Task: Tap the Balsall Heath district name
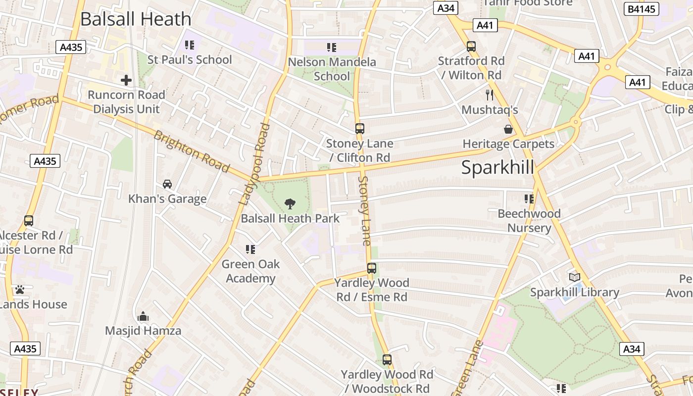click(135, 19)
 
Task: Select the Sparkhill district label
click(497, 168)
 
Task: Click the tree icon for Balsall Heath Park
click(290, 203)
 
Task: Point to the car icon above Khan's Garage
click(167, 184)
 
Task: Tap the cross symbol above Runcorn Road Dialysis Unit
click(126, 80)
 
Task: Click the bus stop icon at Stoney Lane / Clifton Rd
click(360, 129)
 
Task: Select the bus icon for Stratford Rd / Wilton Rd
click(471, 47)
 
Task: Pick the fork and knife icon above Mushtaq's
click(490, 95)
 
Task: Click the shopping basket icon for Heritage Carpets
click(508, 130)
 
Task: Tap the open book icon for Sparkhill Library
click(574, 278)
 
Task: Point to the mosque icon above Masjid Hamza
click(143, 316)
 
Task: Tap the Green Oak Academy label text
click(250, 271)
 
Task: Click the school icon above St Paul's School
click(189, 45)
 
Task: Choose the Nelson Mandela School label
click(332, 69)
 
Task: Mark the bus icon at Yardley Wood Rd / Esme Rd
click(372, 268)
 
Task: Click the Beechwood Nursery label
click(529, 221)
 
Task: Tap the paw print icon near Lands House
click(20, 290)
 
